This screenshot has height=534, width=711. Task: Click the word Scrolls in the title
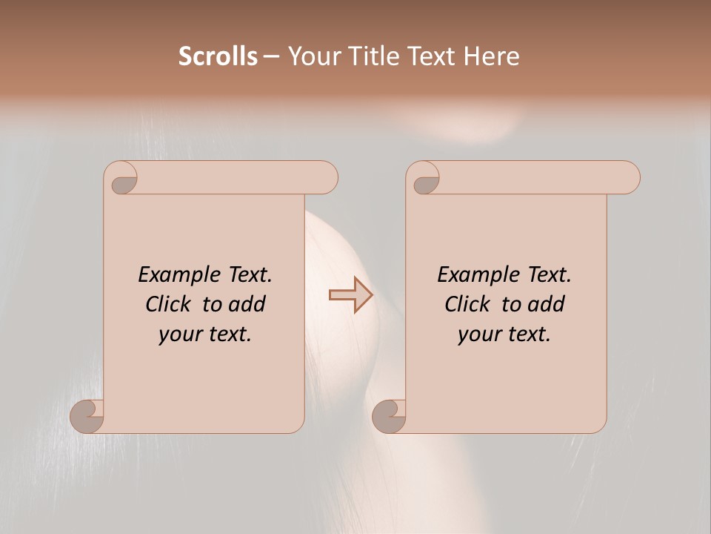[x=218, y=56]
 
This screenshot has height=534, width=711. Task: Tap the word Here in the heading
[x=491, y=56]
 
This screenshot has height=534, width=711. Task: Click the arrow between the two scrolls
[x=351, y=295]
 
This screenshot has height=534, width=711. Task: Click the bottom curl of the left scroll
[x=86, y=417]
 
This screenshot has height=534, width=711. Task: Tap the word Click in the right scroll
[x=469, y=305]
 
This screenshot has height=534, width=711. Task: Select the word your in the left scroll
[x=180, y=334]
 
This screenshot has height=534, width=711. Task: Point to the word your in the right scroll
[x=479, y=334]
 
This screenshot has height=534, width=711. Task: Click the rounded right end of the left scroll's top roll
[x=327, y=178]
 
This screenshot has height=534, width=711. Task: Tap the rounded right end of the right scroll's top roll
[x=629, y=178]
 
